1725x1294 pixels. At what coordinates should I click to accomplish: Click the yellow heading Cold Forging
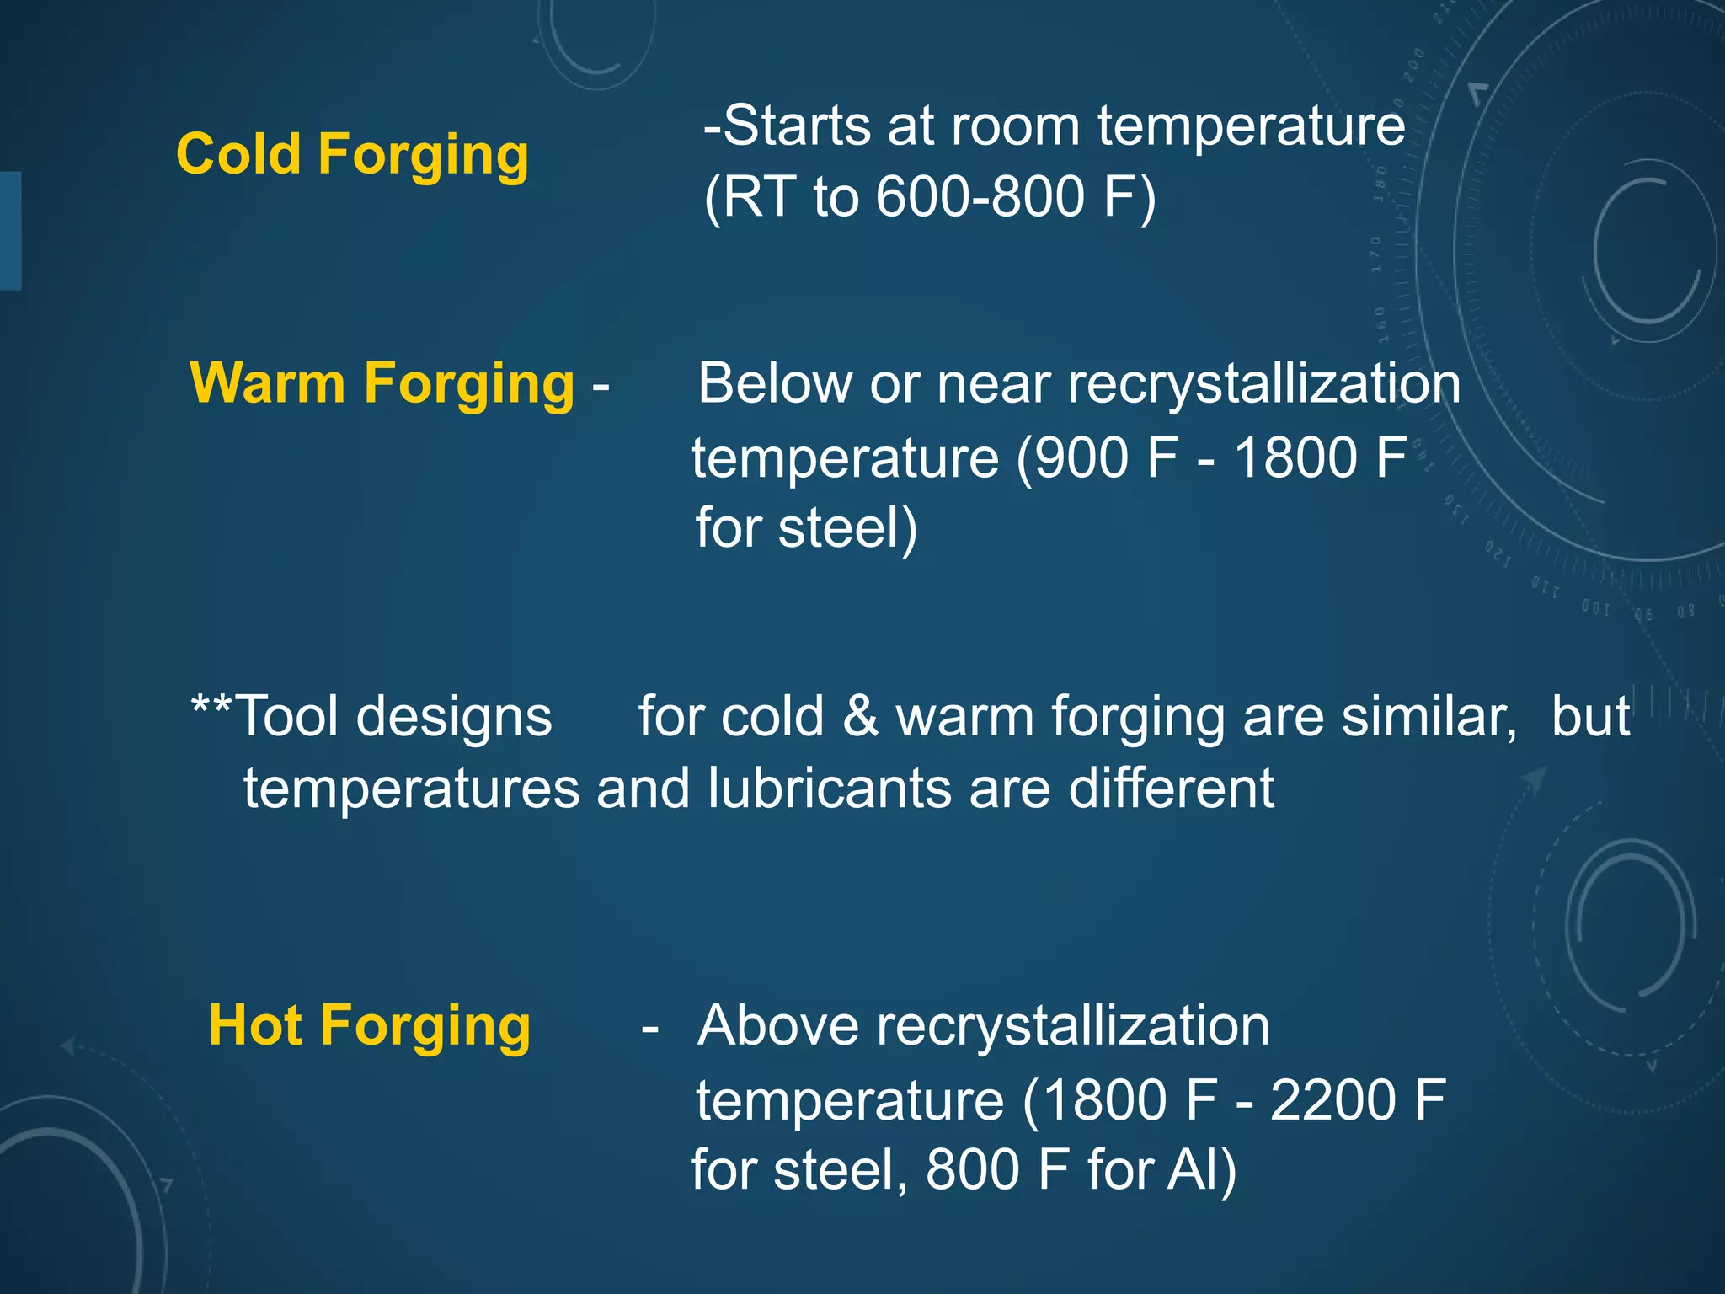(x=352, y=155)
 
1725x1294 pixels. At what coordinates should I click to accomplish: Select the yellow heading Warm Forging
(x=382, y=384)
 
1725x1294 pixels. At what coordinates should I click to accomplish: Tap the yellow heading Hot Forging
(x=369, y=1026)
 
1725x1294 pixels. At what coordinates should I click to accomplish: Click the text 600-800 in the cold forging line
(x=980, y=197)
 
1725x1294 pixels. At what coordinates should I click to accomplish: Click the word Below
(x=775, y=384)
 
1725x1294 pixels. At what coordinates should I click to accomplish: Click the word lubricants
(x=829, y=789)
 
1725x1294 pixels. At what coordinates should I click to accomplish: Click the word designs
(x=453, y=718)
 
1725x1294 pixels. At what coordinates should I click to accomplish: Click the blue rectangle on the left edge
(x=10, y=231)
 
